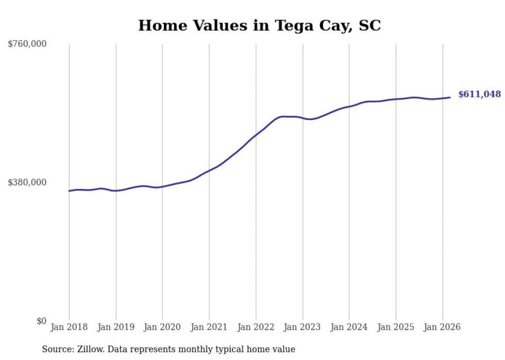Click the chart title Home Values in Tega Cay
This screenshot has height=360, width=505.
click(259, 26)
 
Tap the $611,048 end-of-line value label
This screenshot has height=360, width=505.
click(479, 94)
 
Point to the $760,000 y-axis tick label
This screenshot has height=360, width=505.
click(27, 44)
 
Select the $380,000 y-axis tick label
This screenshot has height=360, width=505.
click(27, 182)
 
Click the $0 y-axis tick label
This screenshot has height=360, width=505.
click(41, 321)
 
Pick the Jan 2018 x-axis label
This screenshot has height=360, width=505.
click(69, 327)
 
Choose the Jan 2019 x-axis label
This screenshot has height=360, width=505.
click(116, 327)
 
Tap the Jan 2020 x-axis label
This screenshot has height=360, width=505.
click(162, 327)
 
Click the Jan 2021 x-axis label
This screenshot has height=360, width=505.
click(209, 327)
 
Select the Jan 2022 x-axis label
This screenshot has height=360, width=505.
click(256, 327)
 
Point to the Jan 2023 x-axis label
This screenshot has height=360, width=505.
click(302, 327)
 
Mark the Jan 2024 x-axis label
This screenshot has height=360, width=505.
click(349, 327)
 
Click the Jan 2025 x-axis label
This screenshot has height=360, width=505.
click(396, 327)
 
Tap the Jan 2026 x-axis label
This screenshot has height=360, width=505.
click(442, 327)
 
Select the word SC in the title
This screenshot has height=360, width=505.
click(369, 26)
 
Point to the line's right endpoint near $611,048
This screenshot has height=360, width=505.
click(450, 97)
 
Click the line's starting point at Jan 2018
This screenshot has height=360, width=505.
click(69, 191)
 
